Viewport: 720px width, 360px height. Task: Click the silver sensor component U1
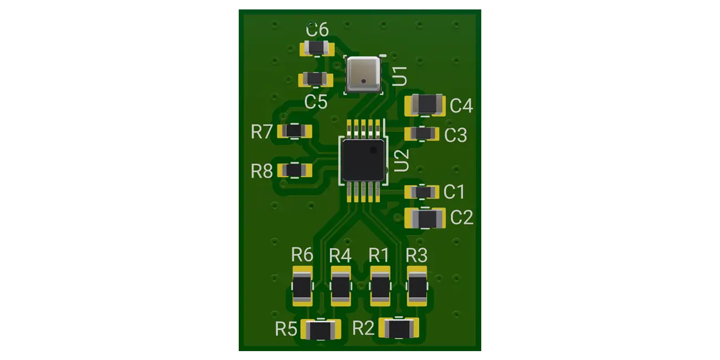[x=363, y=74]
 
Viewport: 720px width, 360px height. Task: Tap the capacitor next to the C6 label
[x=316, y=49]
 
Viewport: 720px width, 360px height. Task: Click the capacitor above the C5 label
[x=316, y=79]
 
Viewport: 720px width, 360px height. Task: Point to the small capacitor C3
[x=422, y=133]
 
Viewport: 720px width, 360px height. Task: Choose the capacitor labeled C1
[x=422, y=192]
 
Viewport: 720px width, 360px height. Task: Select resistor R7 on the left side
[x=294, y=131]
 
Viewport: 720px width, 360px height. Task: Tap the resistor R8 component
[x=294, y=170]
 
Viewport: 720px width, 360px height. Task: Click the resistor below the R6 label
[x=302, y=286]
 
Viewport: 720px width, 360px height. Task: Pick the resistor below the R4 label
[x=341, y=286]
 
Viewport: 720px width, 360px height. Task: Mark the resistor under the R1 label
[x=380, y=286]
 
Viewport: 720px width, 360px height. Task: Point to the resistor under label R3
[x=418, y=286]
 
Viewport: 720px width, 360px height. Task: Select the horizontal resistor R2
[x=399, y=328]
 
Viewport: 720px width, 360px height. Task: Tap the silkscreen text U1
[x=400, y=76]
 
